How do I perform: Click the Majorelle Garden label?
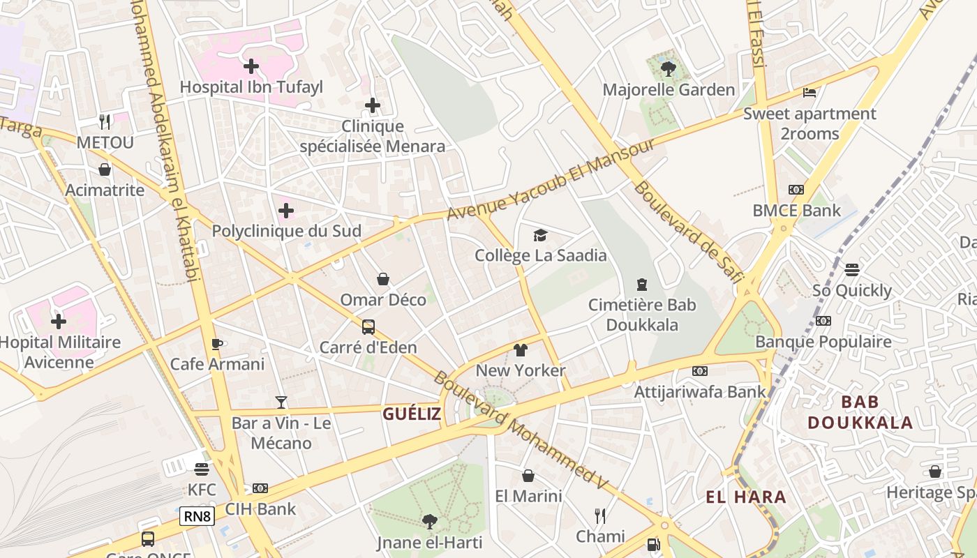669,90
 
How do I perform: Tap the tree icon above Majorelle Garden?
669,68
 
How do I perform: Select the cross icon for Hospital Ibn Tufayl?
251,66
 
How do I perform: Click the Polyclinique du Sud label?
286,231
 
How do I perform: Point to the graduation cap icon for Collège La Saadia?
540,235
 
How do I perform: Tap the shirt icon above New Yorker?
521,349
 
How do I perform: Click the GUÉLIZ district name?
412,414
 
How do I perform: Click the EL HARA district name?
746,497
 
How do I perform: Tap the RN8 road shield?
197,516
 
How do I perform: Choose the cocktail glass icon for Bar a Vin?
281,402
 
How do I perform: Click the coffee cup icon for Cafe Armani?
217,344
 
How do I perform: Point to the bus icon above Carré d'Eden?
368,326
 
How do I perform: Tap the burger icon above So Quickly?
851,269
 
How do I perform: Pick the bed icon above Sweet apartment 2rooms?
810,92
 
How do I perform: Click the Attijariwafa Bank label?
700,392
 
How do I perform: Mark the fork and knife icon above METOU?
105,122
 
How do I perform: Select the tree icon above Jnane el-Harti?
430,521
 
